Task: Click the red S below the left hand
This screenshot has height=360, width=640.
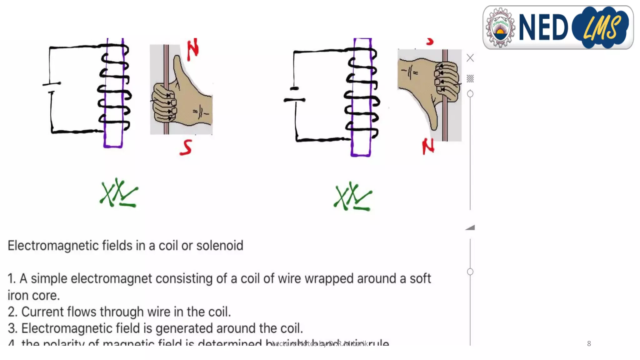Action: point(186,147)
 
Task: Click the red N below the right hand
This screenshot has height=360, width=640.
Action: point(428,146)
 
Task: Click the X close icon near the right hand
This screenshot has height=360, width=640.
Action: point(470,58)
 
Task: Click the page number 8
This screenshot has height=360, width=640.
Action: point(589,344)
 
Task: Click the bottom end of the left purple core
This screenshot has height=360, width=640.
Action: point(113,146)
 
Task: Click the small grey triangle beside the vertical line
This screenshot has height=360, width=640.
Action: point(470,227)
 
